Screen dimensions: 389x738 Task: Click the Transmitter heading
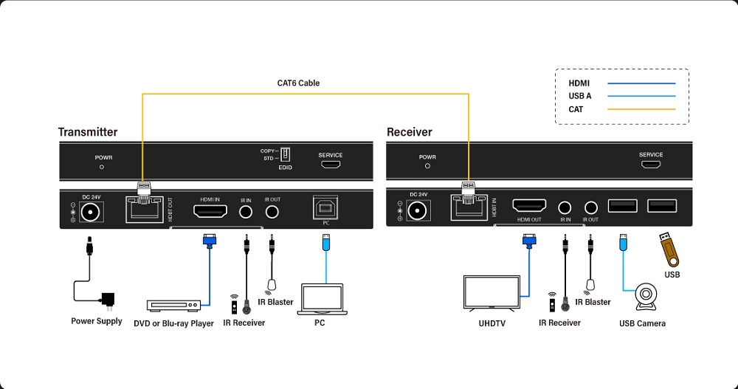coord(88,132)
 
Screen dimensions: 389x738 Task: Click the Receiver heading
coord(410,132)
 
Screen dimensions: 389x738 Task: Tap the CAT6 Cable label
coord(298,83)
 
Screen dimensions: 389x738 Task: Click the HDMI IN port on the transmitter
coord(210,211)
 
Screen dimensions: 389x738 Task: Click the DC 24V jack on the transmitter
coord(92,212)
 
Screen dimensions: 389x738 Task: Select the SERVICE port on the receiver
coord(651,165)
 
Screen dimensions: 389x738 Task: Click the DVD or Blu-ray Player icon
coord(173,305)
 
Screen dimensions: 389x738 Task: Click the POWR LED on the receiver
coord(427,166)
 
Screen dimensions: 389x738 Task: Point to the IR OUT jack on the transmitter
coord(272,212)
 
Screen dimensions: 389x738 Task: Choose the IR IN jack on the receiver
coord(565,208)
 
